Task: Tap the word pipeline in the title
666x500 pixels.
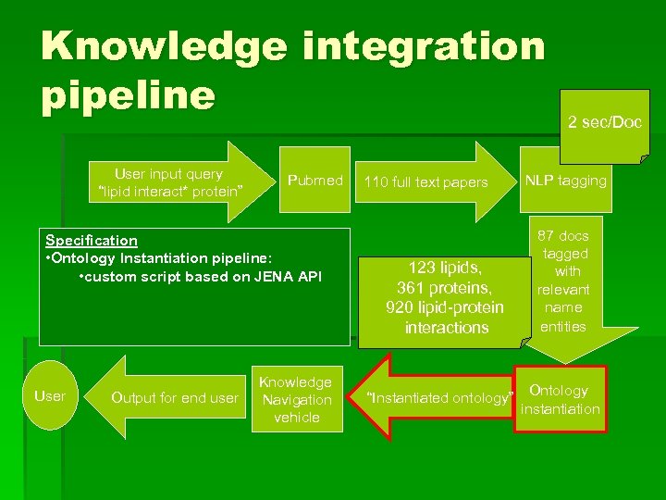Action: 127,95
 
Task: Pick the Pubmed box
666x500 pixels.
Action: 314,181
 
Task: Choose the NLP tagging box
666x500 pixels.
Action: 565,181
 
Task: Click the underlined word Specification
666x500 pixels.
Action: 92,240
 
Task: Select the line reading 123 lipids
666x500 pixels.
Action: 446,268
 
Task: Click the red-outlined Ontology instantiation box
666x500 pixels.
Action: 560,399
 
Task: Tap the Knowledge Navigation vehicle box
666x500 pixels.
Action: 295,400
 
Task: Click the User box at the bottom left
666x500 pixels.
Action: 50,396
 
